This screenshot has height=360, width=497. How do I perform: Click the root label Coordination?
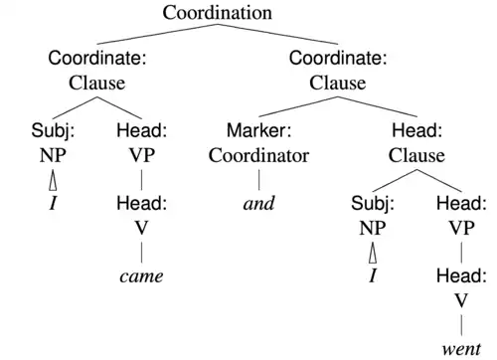pos(218,13)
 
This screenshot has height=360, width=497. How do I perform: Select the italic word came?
pos(140,275)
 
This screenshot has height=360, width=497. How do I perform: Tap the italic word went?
pos(461,348)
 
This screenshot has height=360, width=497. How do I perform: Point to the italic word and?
pos(258,204)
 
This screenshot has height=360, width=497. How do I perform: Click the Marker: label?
pos(258,131)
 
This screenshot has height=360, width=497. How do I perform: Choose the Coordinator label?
pos(258,155)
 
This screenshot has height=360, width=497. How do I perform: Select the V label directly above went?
pos(461,300)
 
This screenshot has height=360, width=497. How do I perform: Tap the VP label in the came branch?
pos(140,155)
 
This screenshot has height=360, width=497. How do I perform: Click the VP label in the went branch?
pos(461,228)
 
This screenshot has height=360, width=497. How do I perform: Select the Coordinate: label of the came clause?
pos(97,58)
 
